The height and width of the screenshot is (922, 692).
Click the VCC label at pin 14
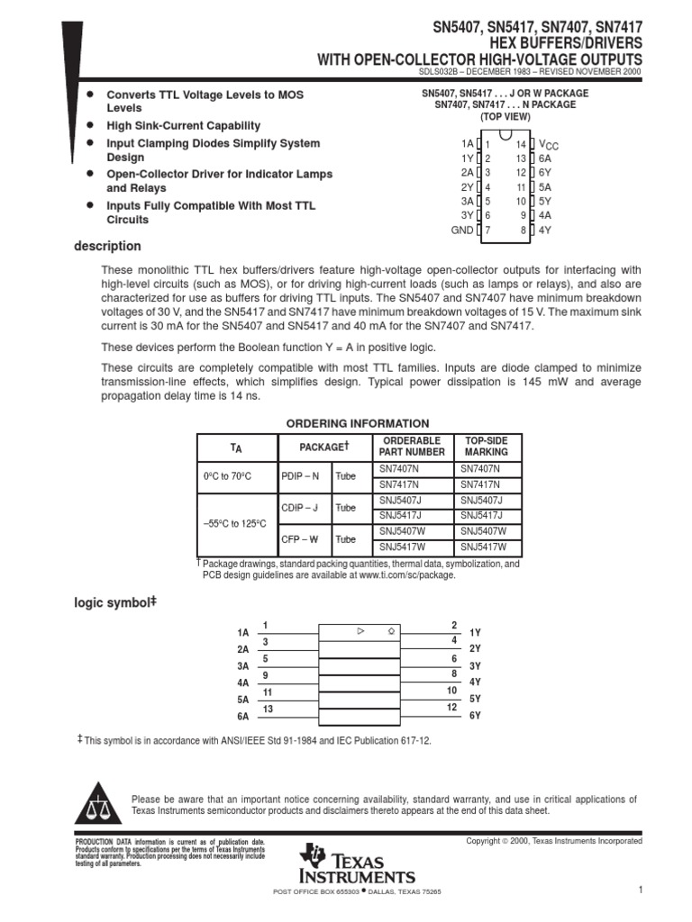pyautogui.click(x=548, y=144)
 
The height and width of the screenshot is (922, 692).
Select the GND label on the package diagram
pyautogui.click(x=461, y=230)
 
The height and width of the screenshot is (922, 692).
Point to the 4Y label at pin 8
pyautogui.click(x=545, y=230)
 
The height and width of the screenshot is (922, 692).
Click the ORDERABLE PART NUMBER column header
pyautogui.click(x=412, y=446)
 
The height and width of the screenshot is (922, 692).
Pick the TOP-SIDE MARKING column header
pyautogui.click(x=487, y=446)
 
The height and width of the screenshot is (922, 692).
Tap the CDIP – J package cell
pyautogui.click(x=299, y=508)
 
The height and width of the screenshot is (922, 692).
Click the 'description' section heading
pyautogui.click(x=107, y=246)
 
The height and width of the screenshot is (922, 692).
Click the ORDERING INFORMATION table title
pyautogui.click(x=357, y=423)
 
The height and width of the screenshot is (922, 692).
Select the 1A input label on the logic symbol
pyautogui.click(x=242, y=633)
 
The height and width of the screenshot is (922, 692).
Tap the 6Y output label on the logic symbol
pyautogui.click(x=476, y=715)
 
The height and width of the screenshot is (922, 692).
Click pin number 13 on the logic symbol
pyautogui.click(x=268, y=710)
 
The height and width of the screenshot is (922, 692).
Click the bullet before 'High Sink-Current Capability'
pyautogui.click(x=89, y=125)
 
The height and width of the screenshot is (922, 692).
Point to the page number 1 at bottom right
pyautogui.click(x=639, y=890)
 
